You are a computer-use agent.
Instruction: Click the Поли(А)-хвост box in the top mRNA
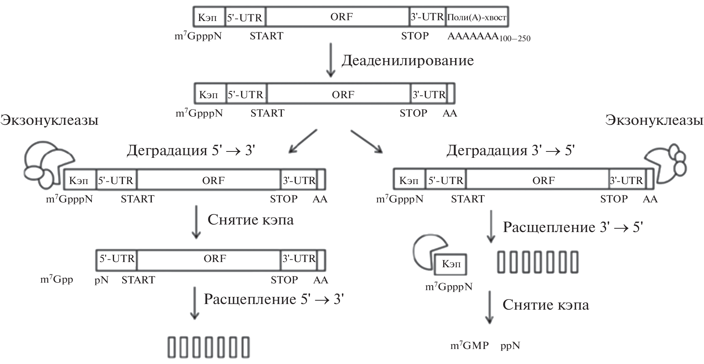point(477,17)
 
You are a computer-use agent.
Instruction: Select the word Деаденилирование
point(407,61)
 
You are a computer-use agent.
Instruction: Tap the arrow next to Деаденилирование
point(330,60)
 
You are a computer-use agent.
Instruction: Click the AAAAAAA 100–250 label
point(488,37)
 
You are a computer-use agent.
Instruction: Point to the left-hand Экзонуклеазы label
point(49,120)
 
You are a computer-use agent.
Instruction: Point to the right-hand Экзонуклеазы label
point(654,120)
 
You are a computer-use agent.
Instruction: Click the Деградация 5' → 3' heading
point(191,150)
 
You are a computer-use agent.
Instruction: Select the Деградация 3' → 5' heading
point(511,150)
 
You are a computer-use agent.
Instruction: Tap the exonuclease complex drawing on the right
point(668,164)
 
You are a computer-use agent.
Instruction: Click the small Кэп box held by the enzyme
point(451,264)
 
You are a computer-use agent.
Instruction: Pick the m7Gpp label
point(57,280)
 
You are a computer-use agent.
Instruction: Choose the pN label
point(102,280)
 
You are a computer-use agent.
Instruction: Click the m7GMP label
point(469,346)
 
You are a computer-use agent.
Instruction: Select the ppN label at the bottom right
point(510,346)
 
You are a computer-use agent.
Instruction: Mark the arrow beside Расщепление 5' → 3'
point(194,303)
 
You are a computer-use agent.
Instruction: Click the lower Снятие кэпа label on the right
point(545,305)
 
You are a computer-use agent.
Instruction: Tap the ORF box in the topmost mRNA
point(342,17)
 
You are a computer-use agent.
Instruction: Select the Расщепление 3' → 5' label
point(572,227)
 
